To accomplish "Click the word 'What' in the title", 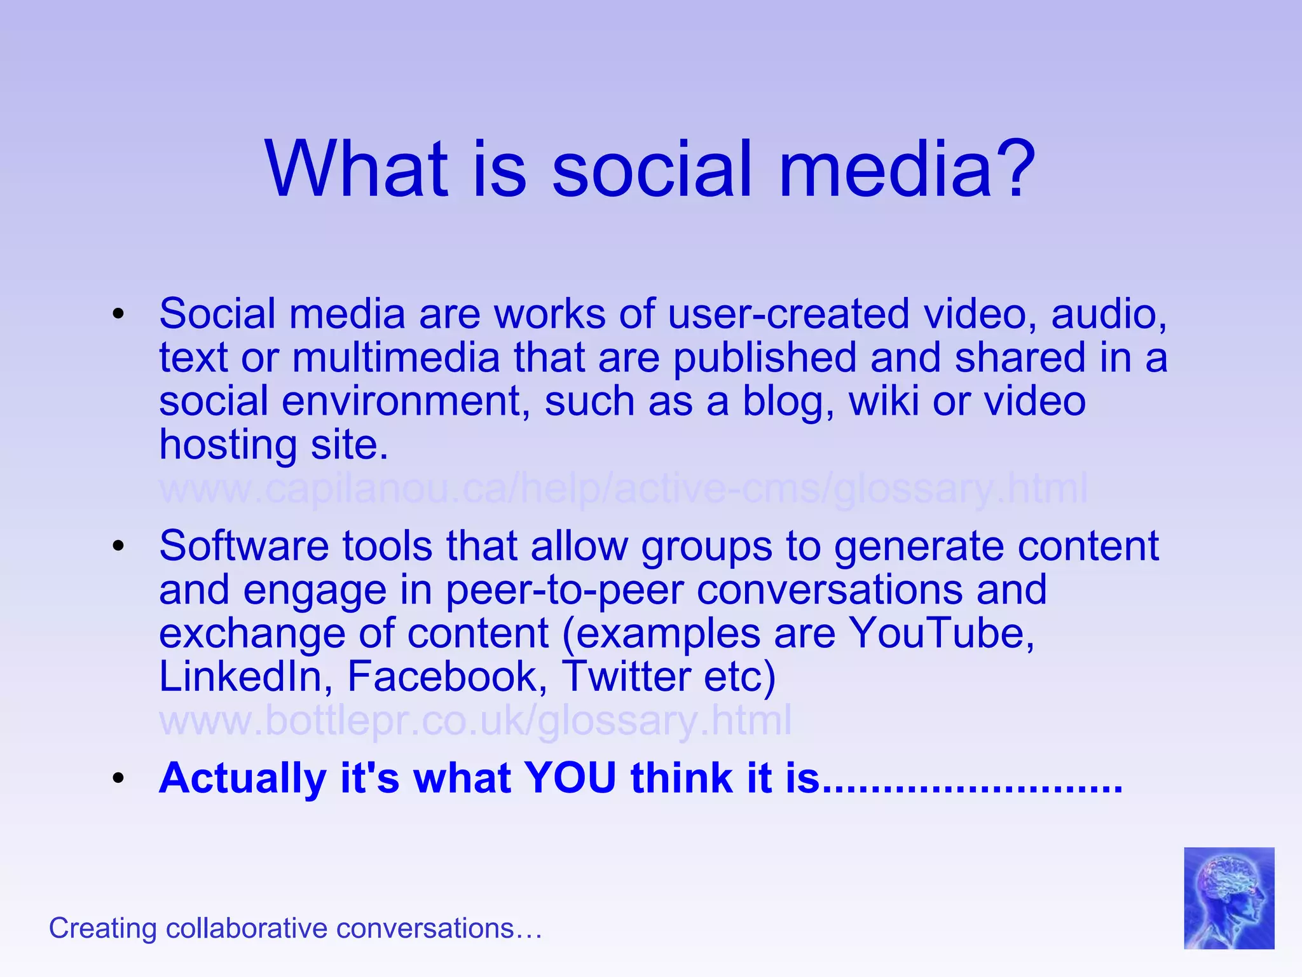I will point(357,169).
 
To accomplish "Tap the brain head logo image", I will point(1228,897).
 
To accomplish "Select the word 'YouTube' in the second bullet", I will point(942,634).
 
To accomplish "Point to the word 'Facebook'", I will point(447,676).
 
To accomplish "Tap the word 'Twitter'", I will point(626,676).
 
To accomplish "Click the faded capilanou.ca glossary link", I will point(623,489).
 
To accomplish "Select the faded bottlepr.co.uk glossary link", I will point(476,721).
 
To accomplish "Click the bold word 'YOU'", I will point(570,778).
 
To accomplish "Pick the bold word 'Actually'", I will point(243,778).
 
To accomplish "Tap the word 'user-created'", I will point(789,314).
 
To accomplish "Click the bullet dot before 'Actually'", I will point(118,779).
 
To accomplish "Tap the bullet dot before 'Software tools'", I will point(118,546).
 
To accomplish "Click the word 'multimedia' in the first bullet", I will point(396,358).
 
